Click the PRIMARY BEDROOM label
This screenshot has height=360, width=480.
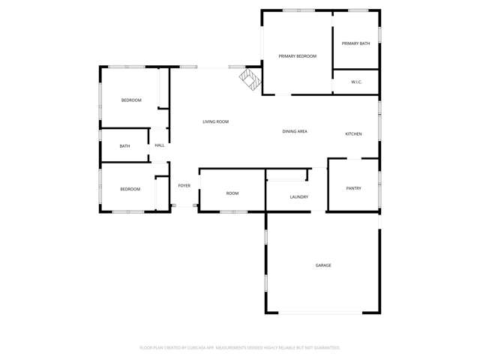pyautogui.click(x=297, y=56)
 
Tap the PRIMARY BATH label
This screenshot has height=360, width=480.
pyautogui.click(x=355, y=43)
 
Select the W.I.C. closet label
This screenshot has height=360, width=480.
pyautogui.click(x=356, y=82)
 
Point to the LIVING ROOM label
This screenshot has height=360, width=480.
pyautogui.click(x=215, y=121)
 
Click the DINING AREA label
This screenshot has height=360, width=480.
pyautogui.click(x=295, y=131)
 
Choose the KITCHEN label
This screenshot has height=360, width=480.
pyautogui.click(x=353, y=134)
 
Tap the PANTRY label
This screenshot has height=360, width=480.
pyautogui.click(x=353, y=188)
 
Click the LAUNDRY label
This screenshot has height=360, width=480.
pyautogui.click(x=298, y=197)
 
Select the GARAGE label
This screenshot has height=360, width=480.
pyautogui.click(x=323, y=265)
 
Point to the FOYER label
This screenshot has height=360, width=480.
pyautogui.click(x=184, y=185)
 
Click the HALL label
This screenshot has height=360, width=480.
pyautogui.click(x=160, y=145)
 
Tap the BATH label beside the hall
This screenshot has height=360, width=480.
pyautogui.click(x=124, y=146)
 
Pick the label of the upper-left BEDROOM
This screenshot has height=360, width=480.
pyautogui.click(x=131, y=100)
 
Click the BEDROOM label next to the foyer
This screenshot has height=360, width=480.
pyautogui.click(x=130, y=189)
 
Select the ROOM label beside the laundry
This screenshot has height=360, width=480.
pyautogui.click(x=232, y=193)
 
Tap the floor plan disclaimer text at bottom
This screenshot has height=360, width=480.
pyautogui.click(x=240, y=348)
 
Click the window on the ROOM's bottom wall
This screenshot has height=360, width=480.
pyautogui.click(x=233, y=211)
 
